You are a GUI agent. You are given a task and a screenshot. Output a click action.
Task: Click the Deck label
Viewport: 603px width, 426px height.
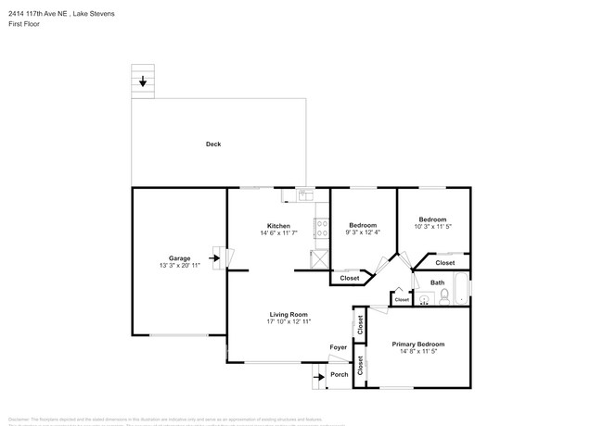click(213, 144)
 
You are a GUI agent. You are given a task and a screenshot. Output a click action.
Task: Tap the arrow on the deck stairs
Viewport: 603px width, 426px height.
click(143, 82)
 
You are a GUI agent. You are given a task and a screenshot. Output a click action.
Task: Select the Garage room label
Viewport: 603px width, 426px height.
click(179, 257)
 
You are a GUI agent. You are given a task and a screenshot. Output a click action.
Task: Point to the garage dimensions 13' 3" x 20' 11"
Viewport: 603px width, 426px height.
click(179, 265)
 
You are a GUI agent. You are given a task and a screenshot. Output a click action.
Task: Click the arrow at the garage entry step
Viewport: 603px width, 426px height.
click(216, 260)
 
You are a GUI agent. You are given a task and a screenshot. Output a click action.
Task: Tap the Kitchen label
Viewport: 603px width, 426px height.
click(278, 226)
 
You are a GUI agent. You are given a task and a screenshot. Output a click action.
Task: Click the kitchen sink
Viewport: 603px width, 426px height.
click(304, 195)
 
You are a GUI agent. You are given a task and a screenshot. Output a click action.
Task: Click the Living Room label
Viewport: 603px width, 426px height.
click(289, 314)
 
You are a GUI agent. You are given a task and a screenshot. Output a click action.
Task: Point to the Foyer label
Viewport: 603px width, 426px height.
click(339, 347)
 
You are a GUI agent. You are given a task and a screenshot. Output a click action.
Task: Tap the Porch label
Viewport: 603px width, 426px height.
click(340, 374)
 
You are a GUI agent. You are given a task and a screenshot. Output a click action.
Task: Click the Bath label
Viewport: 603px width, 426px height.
click(437, 282)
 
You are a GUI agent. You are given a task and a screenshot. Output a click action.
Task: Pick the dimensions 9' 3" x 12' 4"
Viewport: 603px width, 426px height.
click(363, 233)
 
